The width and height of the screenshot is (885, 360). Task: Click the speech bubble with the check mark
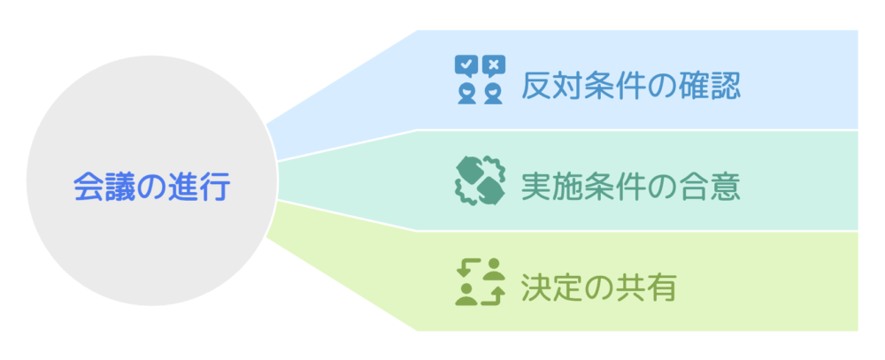coord(466,65)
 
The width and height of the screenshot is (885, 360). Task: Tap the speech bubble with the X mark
coord(494,65)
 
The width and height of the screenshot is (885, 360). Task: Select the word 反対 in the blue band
coord(550,86)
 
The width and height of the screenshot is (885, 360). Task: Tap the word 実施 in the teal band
coord(550,186)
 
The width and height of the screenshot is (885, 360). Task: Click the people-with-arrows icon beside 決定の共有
coord(479,282)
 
